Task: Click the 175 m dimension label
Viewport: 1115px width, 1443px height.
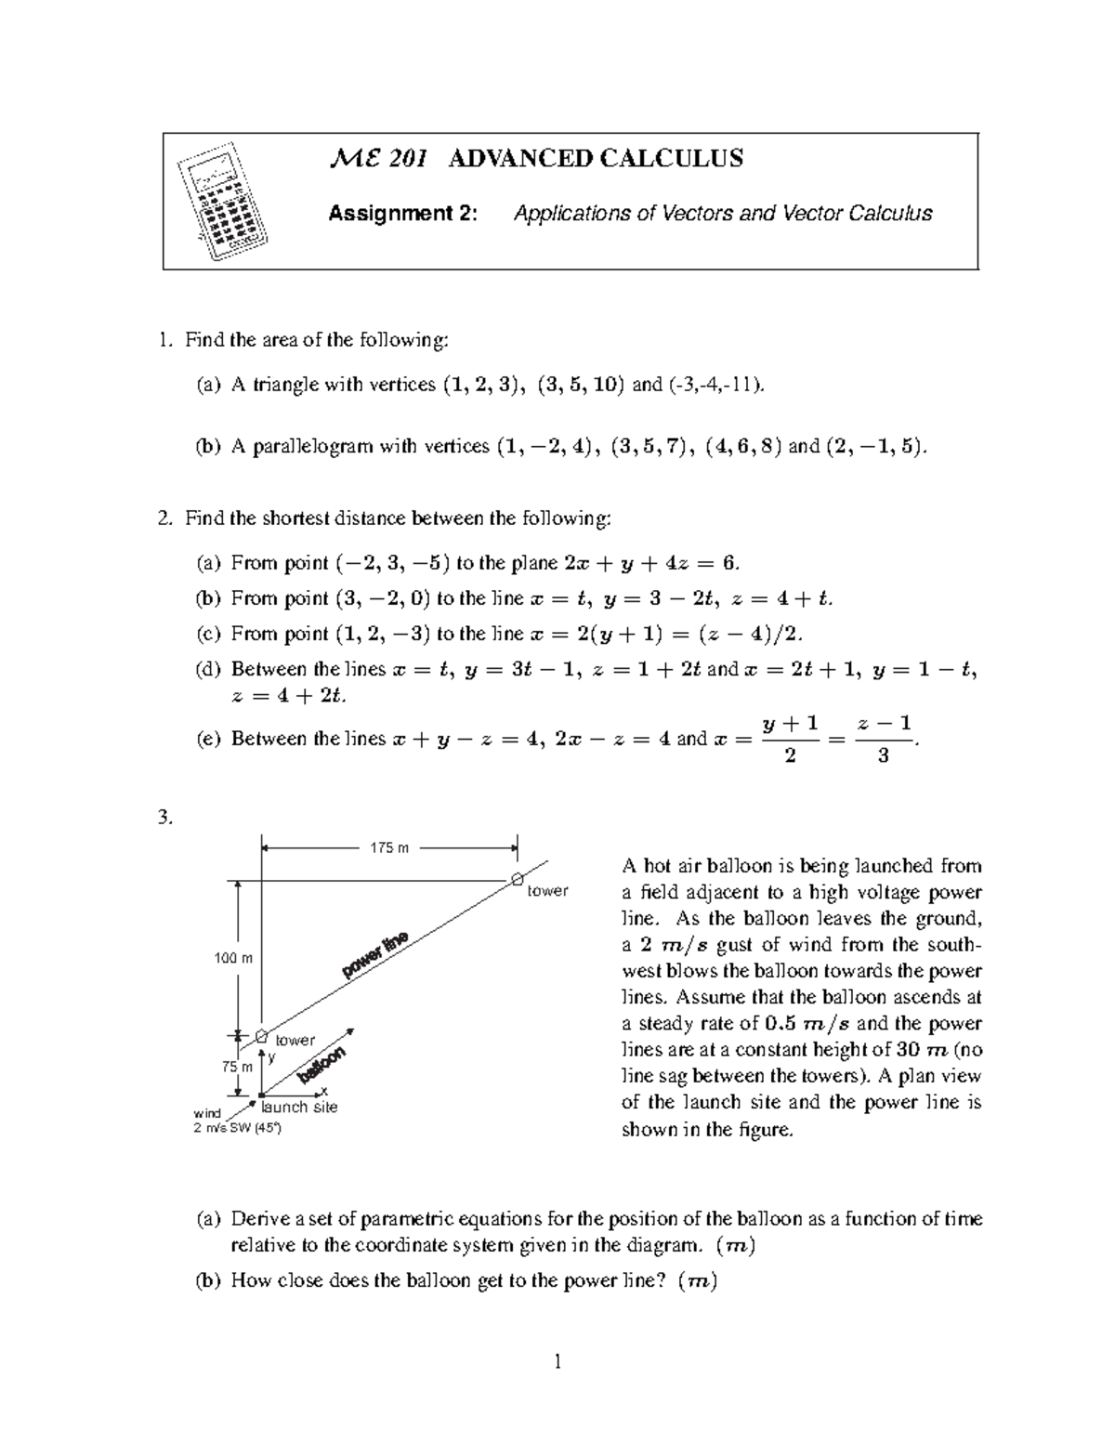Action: click(x=389, y=847)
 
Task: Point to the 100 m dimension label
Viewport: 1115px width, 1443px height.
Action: click(x=233, y=958)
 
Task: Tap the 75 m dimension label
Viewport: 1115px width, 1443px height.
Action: click(x=237, y=1067)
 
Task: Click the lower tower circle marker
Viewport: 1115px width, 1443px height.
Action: click(x=262, y=1035)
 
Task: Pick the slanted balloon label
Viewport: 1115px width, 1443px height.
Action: click(x=321, y=1066)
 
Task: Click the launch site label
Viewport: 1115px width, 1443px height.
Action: click(x=299, y=1107)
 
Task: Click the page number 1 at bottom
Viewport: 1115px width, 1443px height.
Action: click(x=557, y=1363)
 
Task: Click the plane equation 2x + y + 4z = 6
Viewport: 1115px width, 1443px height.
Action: click(x=650, y=563)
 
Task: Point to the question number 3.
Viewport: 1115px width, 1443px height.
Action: click(x=165, y=818)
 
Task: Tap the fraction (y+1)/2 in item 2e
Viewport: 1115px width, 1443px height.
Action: click(x=789, y=739)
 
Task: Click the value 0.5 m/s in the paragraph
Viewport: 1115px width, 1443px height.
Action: click(x=806, y=1024)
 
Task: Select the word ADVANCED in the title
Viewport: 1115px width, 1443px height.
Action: click(x=518, y=159)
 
